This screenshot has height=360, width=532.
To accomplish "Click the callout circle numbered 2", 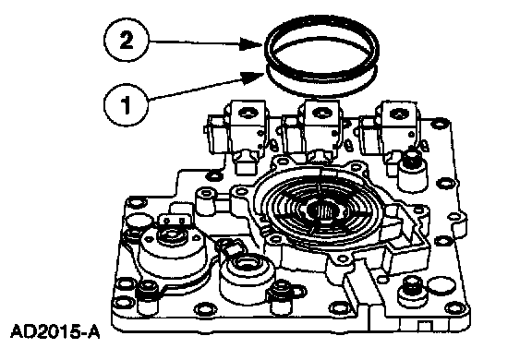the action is (126, 42).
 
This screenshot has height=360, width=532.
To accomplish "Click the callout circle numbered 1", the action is (126, 104).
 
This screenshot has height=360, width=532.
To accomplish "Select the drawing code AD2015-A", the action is (55, 331).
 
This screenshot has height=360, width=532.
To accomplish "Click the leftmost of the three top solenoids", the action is (237, 130).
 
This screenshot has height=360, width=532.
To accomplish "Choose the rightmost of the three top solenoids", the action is (390, 130).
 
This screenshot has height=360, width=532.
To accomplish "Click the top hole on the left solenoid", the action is (247, 113).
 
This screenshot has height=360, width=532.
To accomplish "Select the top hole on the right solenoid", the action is (396, 113).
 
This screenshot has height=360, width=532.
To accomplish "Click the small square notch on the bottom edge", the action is (423, 326).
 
